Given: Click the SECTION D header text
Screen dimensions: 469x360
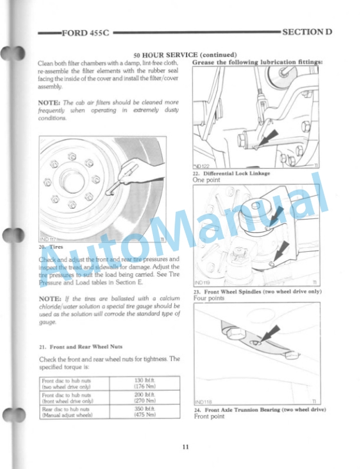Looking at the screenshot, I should coord(307,31).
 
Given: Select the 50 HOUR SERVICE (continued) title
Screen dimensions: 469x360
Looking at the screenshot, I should coord(185,54).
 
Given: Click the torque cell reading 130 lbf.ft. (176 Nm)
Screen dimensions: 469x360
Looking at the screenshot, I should coord(144,384).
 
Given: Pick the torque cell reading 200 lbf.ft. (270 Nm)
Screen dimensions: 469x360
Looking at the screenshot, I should coord(144,398).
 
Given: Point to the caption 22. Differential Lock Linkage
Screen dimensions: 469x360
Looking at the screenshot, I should coord(231,174).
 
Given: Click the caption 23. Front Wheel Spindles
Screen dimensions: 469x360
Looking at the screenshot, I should coord(257,291).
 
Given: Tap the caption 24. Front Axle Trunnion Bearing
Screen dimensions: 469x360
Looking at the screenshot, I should coord(259,410).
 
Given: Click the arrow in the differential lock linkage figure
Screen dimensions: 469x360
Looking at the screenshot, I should coord(265,139).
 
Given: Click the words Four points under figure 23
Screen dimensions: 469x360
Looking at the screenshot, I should coord(209,298).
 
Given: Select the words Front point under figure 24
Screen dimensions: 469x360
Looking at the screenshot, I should coord(209,417).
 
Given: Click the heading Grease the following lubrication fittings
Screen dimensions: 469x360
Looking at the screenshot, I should coord(257,62).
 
